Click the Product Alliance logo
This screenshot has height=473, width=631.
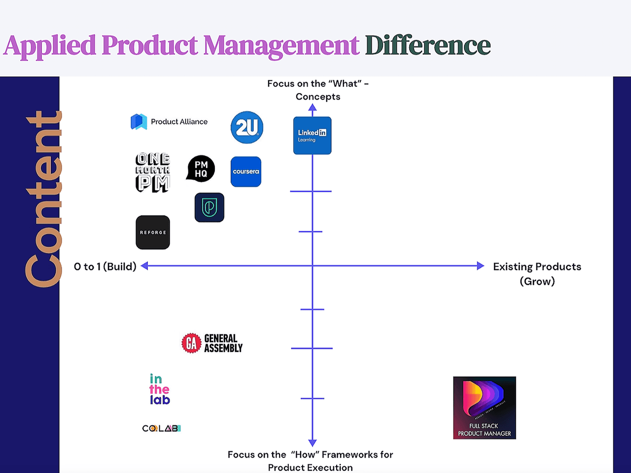click(169, 122)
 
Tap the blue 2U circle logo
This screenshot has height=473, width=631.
click(246, 128)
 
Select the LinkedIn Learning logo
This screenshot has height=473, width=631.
click(312, 135)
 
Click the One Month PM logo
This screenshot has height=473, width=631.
click(153, 172)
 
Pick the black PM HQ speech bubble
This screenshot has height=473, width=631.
click(201, 169)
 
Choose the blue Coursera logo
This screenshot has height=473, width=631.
click(246, 172)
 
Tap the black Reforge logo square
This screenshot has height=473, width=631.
click(153, 232)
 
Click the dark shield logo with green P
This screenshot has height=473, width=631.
click(210, 207)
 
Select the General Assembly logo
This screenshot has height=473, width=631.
click(212, 343)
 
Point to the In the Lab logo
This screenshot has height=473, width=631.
click(160, 389)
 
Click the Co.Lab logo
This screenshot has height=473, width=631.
click(161, 428)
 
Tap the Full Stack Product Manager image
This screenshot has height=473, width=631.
click(484, 407)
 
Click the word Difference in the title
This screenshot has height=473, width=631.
click(427, 45)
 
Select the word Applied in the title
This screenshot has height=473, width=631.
click(50, 45)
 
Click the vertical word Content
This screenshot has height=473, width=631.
click(43, 200)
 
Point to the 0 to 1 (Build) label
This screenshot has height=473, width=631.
click(105, 267)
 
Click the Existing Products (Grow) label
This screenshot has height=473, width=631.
click(537, 273)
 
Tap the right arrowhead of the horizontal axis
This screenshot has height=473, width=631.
click(481, 266)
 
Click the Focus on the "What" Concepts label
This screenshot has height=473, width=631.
click(318, 90)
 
